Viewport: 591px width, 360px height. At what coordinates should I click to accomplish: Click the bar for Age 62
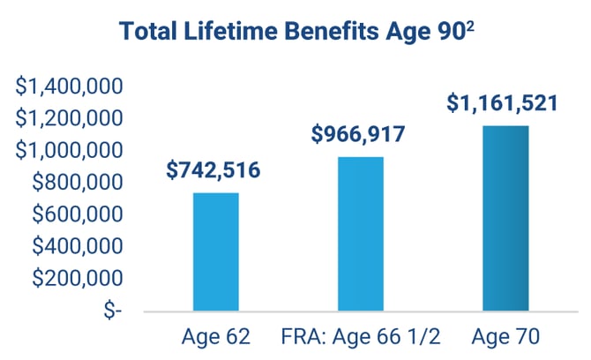(x=216, y=251)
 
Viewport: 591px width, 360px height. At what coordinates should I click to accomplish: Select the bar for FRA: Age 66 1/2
(x=361, y=234)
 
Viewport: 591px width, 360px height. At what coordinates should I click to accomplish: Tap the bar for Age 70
(x=505, y=218)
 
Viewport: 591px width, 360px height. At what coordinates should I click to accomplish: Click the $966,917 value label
(x=358, y=135)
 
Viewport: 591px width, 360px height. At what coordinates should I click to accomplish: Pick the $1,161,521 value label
(x=502, y=103)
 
